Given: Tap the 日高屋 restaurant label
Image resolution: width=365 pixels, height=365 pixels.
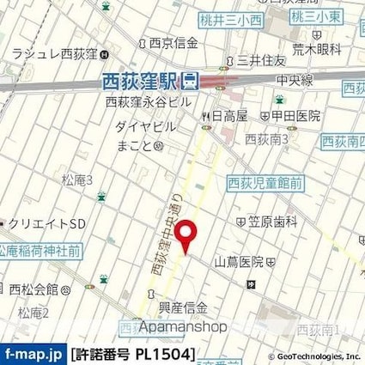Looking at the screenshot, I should (x=229, y=115).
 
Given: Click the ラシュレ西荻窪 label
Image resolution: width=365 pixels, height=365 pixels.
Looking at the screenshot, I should (x=52, y=55).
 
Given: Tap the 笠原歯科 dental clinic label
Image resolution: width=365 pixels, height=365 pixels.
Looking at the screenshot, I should (x=271, y=221).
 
